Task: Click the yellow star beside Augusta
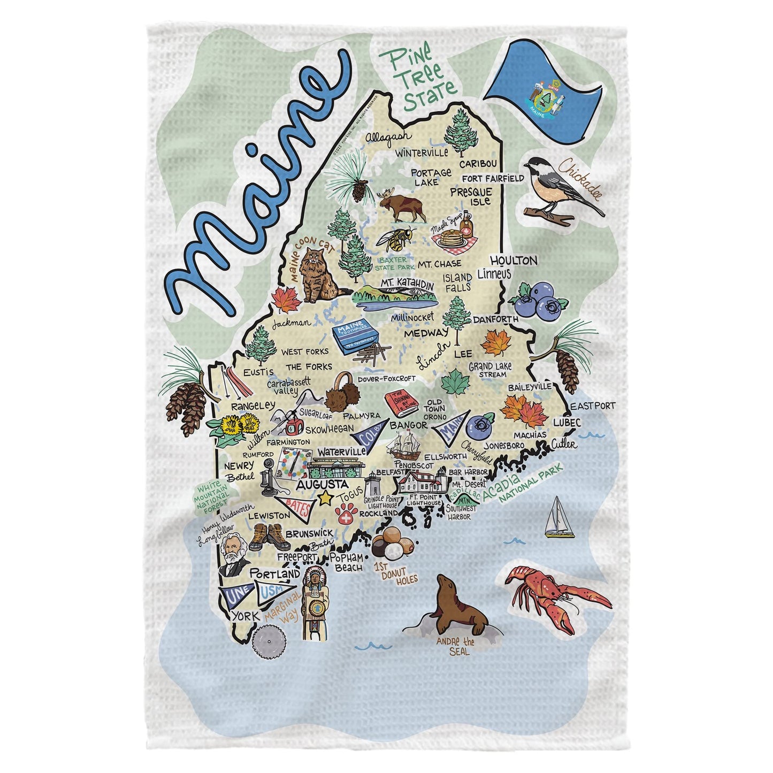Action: click(324, 498)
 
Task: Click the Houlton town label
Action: click(513, 261)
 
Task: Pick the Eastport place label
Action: click(593, 406)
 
